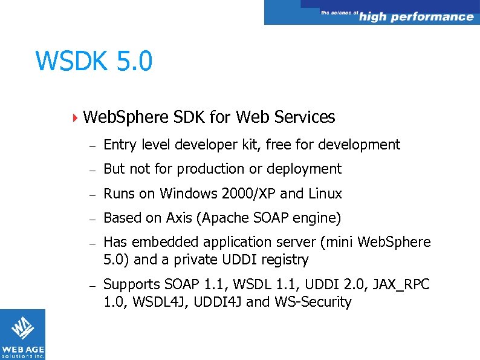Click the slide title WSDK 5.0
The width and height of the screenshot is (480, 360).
[94, 61]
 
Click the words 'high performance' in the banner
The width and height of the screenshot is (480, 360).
[416, 17]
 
